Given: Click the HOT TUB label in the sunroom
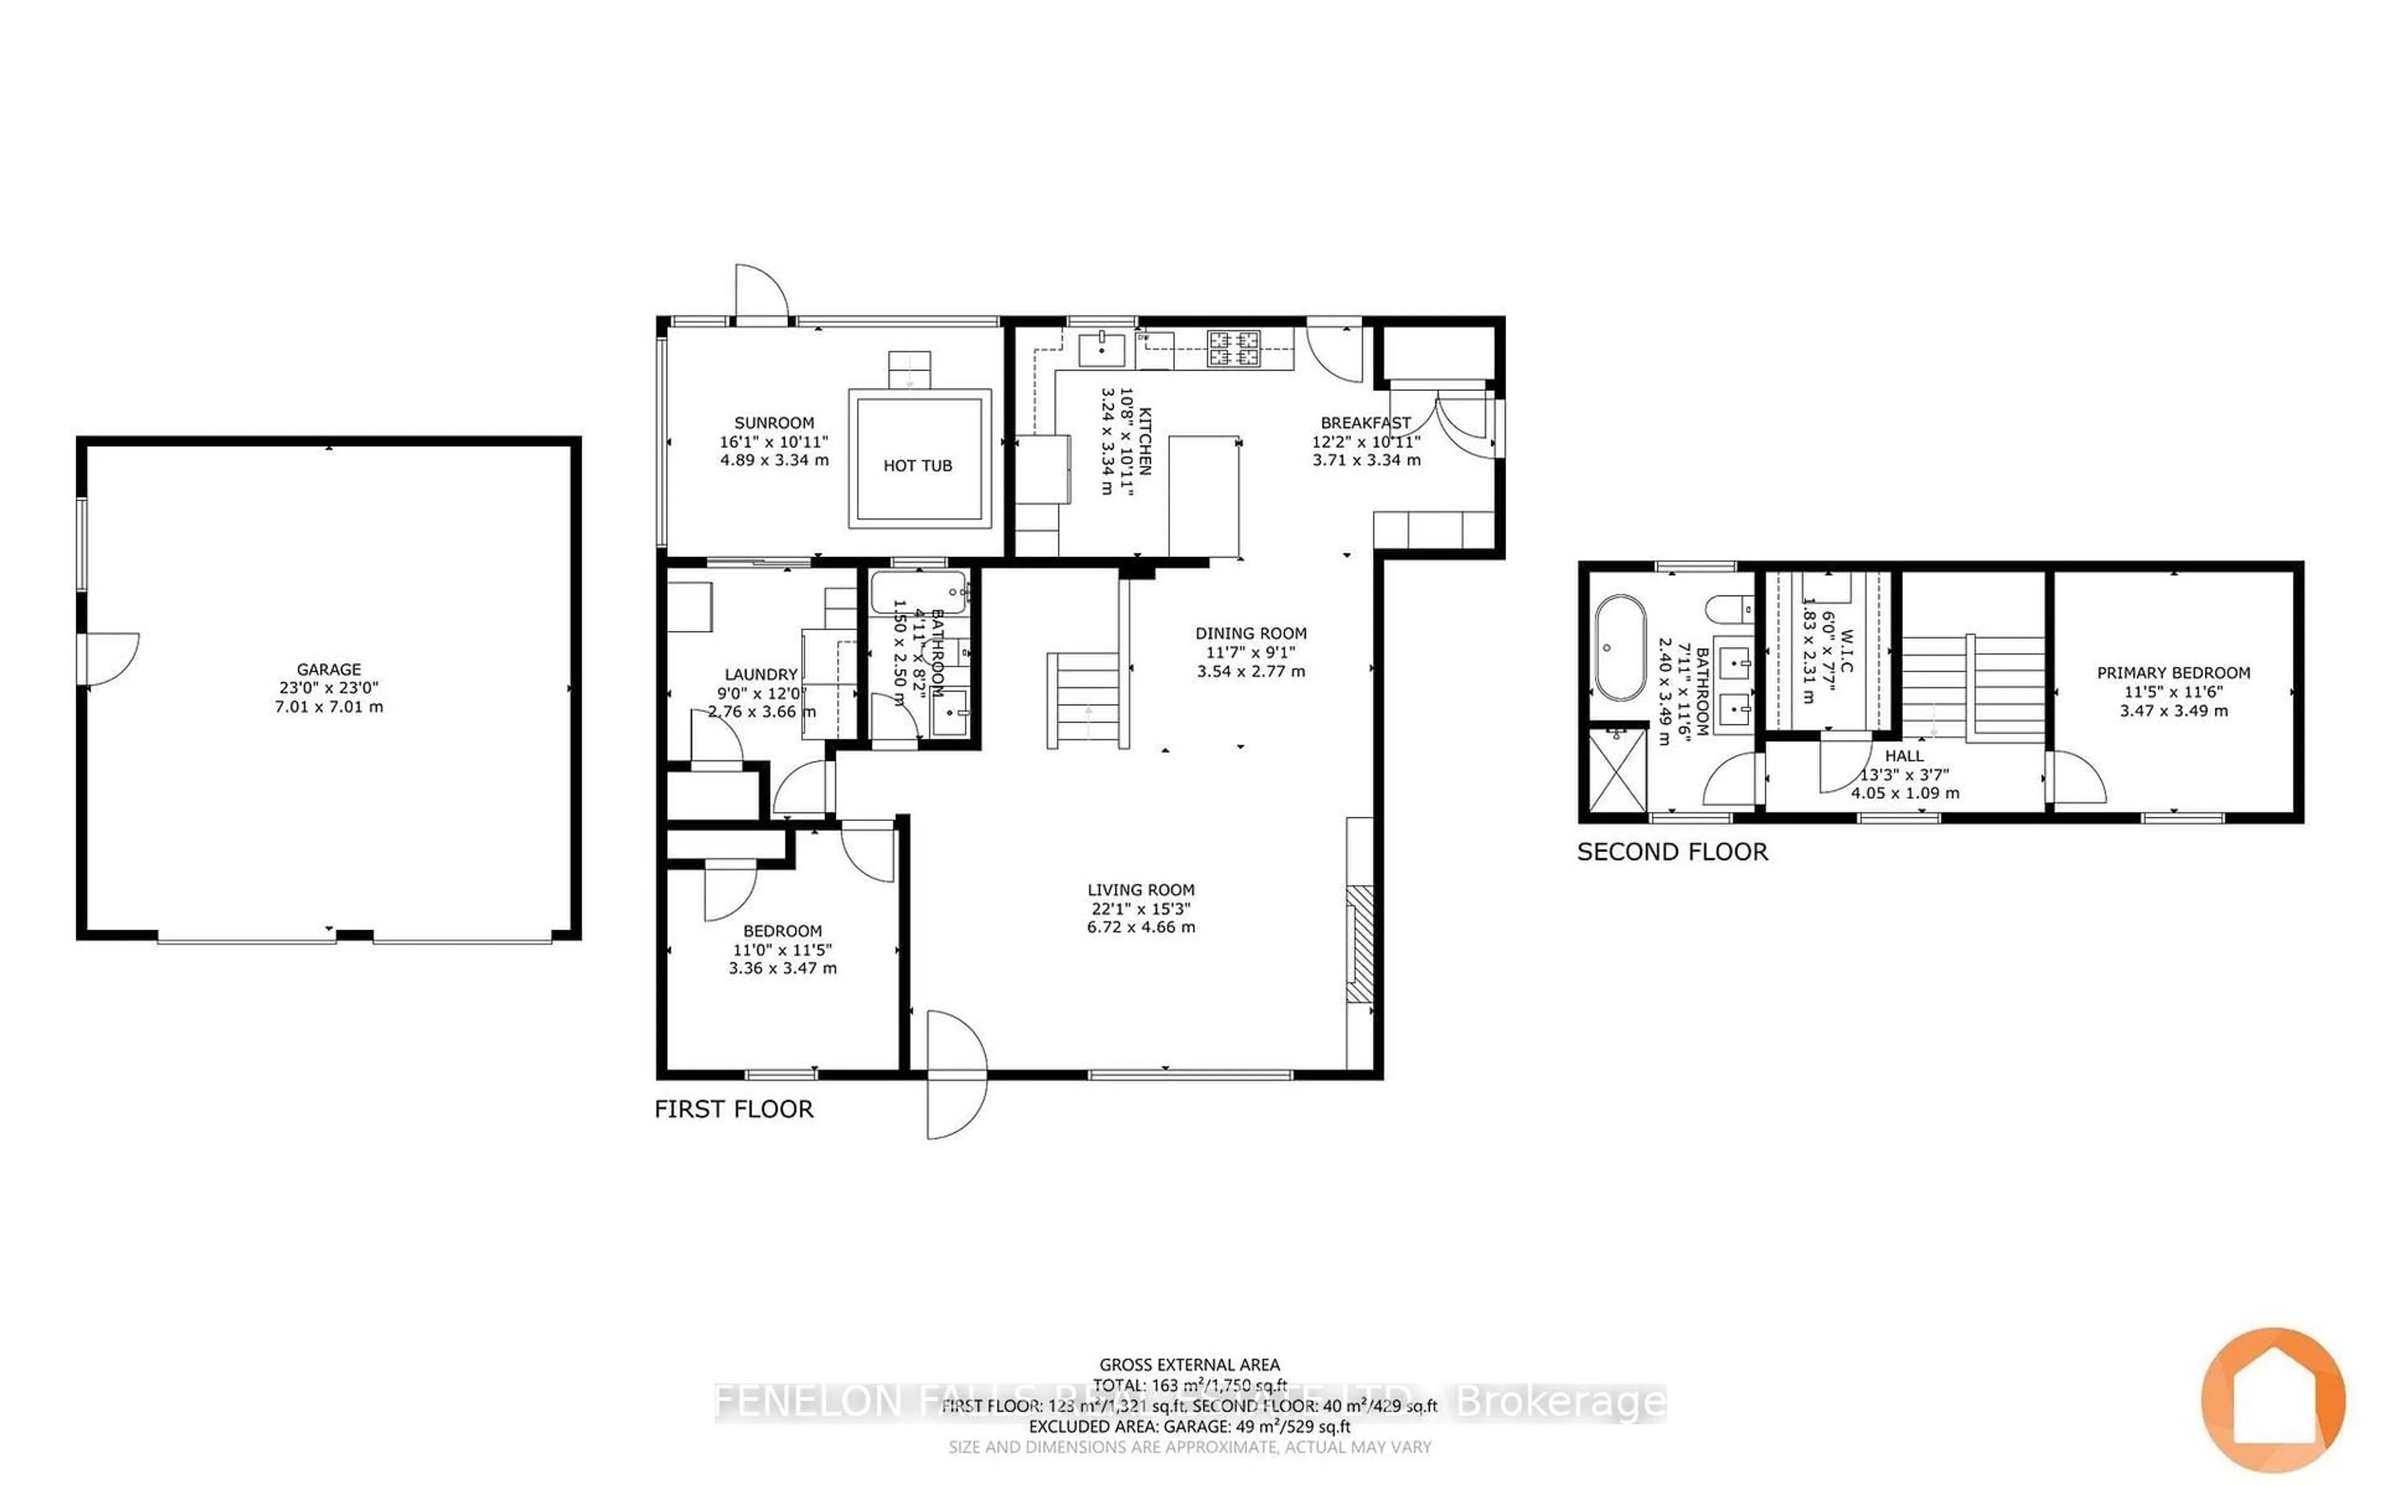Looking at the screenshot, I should click(x=917, y=466).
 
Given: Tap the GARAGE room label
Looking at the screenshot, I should click(x=329, y=669).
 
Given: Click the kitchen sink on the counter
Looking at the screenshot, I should click(x=1101, y=348).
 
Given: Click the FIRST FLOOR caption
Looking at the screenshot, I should click(x=734, y=1110).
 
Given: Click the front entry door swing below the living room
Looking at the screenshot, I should click(x=956, y=1076).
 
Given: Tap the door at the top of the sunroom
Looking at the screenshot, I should click(x=761, y=293).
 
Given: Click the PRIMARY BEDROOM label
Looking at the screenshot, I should click(x=2173, y=673).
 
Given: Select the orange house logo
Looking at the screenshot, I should click(x=2273, y=1399).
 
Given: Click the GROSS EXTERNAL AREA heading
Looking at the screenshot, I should click(x=1189, y=1365).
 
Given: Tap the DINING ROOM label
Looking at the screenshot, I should click(x=1251, y=634).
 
